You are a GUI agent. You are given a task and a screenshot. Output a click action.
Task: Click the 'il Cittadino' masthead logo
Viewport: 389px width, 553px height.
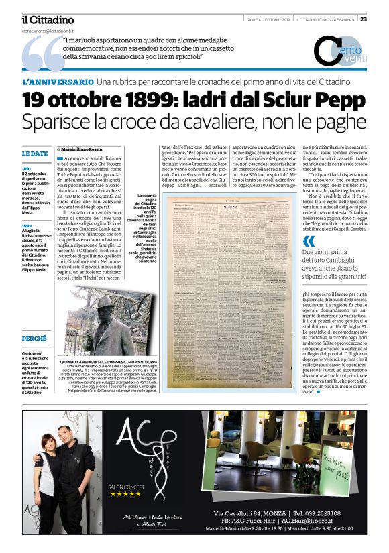pos(47,20)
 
